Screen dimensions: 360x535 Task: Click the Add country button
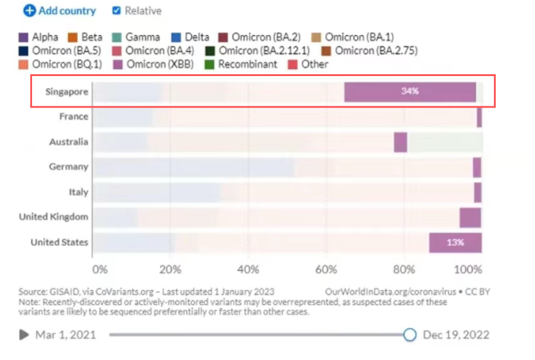[x=59, y=11]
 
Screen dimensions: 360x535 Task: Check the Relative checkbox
[x=117, y=11]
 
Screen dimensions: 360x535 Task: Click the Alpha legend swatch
[x=24, y=37]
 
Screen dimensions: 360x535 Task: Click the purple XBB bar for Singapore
[x=410, y=91]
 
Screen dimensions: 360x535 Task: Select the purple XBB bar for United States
[x=455, y=242]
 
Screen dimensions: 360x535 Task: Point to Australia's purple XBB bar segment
[x=400, y=142]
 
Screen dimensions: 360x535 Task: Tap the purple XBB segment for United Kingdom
[x=470, y=217]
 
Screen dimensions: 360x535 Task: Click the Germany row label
[x=68, y=167]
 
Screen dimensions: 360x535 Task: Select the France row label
[x=74, y=116]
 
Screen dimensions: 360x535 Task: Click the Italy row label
[x=78, y=192]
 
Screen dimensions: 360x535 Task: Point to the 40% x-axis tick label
[x=248, y=270]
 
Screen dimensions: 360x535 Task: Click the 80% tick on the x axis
[x=404, y=270]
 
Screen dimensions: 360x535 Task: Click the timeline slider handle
[x=410, y=335]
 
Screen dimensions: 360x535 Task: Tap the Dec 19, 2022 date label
[x=456, y=335]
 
